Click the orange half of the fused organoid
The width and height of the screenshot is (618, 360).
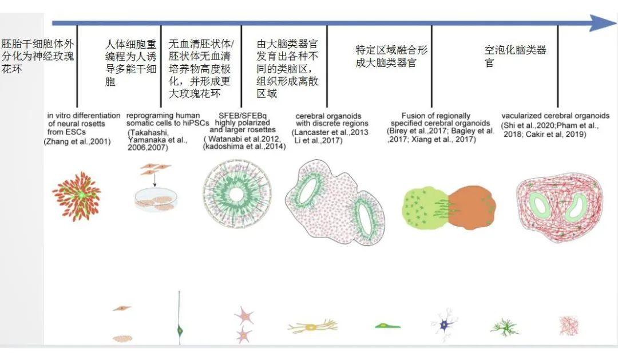coord(472,207)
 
